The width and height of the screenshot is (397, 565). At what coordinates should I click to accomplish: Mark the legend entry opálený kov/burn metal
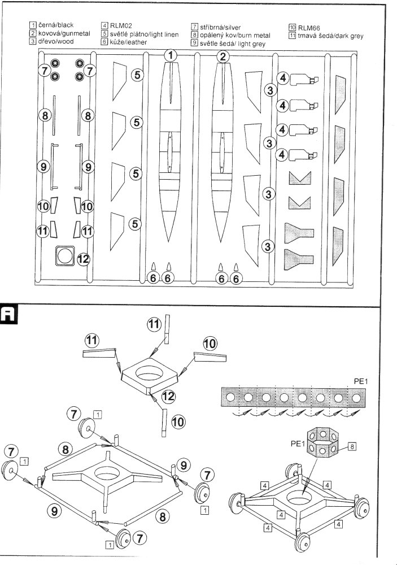click(233, 35)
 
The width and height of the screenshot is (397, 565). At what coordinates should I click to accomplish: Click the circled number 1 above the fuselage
click(171, 55)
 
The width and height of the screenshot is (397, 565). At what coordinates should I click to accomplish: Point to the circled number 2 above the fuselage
click(224, 56)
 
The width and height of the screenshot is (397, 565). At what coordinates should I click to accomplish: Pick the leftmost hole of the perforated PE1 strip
click(230, 398)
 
